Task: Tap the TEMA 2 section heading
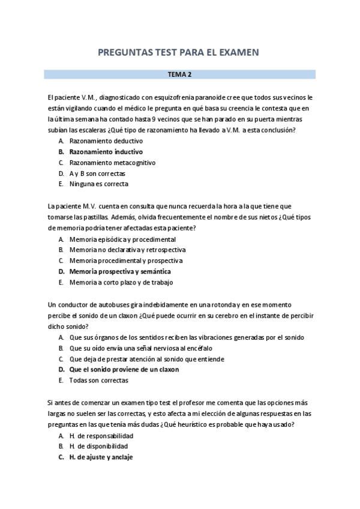coord(180,75)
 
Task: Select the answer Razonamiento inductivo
coord(106,152)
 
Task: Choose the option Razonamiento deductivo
coord(106,141)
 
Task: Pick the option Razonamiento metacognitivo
coord(112,163)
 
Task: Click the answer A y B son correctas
coord(97,173)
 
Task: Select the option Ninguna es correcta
coord(98,184)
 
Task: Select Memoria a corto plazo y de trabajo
coord(121,282)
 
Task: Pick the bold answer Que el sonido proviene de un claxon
coord(124,370)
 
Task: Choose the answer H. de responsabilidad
coord(101,435)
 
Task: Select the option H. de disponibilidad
coord(98,446)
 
